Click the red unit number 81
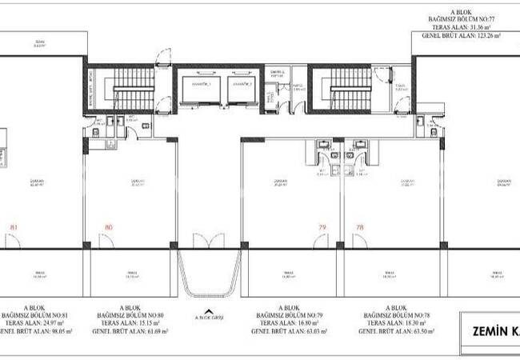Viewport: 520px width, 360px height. (13, 227)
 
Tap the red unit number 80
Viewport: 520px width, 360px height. (108, 227)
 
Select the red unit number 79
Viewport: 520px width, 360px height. (322, 227)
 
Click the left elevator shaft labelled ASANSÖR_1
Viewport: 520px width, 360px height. (195, 92)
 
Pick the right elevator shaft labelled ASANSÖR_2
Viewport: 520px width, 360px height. (242, 92)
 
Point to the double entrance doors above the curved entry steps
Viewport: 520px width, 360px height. (210, 240)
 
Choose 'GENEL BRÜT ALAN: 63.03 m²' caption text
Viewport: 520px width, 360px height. (285, 330)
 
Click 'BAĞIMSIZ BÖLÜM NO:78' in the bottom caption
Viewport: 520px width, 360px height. (394, 314)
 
